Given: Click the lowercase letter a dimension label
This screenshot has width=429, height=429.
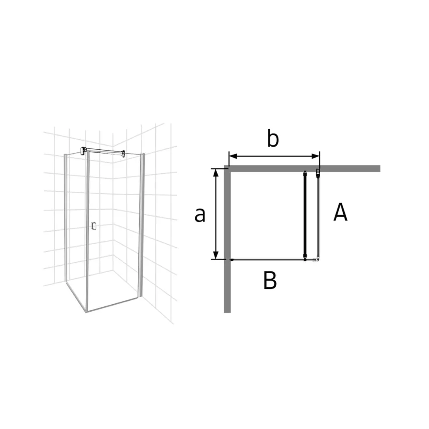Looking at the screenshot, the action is tap(200, 215).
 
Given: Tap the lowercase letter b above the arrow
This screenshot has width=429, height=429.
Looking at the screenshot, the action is tap(273, 139).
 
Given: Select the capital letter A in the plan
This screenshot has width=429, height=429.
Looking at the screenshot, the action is tap(341, 212).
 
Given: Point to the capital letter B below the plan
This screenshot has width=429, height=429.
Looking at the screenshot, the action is tap(270, 280).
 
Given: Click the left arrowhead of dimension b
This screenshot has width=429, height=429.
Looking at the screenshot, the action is tap(232, 156).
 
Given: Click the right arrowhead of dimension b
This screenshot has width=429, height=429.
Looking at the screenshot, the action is tap(316, 156).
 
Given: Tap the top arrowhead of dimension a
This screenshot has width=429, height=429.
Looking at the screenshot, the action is tap(216, 172).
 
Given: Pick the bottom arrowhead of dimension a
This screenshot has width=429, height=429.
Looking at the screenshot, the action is tap(216, 255).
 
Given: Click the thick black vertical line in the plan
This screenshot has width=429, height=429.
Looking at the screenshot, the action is tap(305, 215).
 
